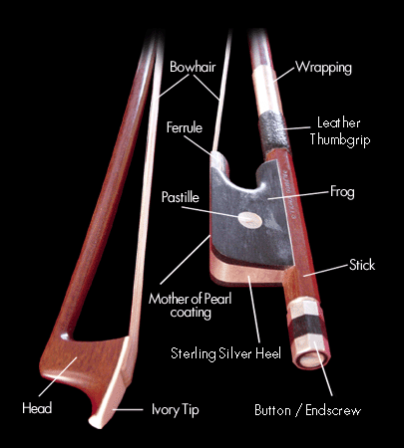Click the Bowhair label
coord(193,67)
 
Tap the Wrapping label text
coord(323,68)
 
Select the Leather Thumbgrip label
coord(340,131)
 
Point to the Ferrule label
coord(185,127)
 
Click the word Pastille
coord(181,197)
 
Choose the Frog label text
coord(342,192)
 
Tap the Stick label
coord(362,265)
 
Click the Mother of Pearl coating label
coord(191,306)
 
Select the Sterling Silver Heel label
coord(225,353)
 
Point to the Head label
coord(37,408)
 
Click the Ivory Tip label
coord(176,409)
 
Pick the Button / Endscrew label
coord(307,411)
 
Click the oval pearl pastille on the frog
coord(249,220)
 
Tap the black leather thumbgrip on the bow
coord(275,131)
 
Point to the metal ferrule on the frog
coord(219,160)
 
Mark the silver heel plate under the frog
coord(247,272)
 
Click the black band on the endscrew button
coord(306,327)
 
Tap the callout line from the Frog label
coord(298,195)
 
